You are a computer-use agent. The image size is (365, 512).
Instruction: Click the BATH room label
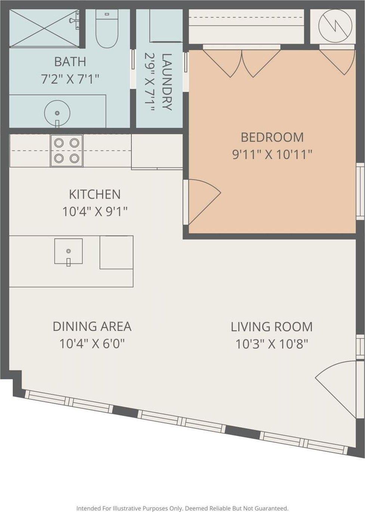coord(70,62)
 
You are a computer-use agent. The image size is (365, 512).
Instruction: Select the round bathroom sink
coord(58,114)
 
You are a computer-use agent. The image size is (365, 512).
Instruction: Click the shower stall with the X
coord(44,28)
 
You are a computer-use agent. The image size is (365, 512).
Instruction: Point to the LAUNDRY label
coord(167,82)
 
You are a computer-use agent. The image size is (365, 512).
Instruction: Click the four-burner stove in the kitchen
coord(67,150)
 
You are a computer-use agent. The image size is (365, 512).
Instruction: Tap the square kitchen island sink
coord(68,251)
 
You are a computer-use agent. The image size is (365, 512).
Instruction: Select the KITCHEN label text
coord(95,194)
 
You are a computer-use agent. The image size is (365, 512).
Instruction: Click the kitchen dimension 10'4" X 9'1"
coord(95,212)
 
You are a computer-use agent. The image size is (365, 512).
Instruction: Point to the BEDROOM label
coord(272,137)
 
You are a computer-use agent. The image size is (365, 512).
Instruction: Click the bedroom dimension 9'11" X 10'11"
coord(272,155)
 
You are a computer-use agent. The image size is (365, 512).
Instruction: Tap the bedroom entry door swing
coord(202,202)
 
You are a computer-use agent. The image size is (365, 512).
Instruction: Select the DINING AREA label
coord(92,326)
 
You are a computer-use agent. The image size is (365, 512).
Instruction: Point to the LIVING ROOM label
coord(272,327)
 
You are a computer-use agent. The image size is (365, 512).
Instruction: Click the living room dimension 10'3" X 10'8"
coord(272,344)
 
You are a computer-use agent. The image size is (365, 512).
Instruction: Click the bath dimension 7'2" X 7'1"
coord(70,79)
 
